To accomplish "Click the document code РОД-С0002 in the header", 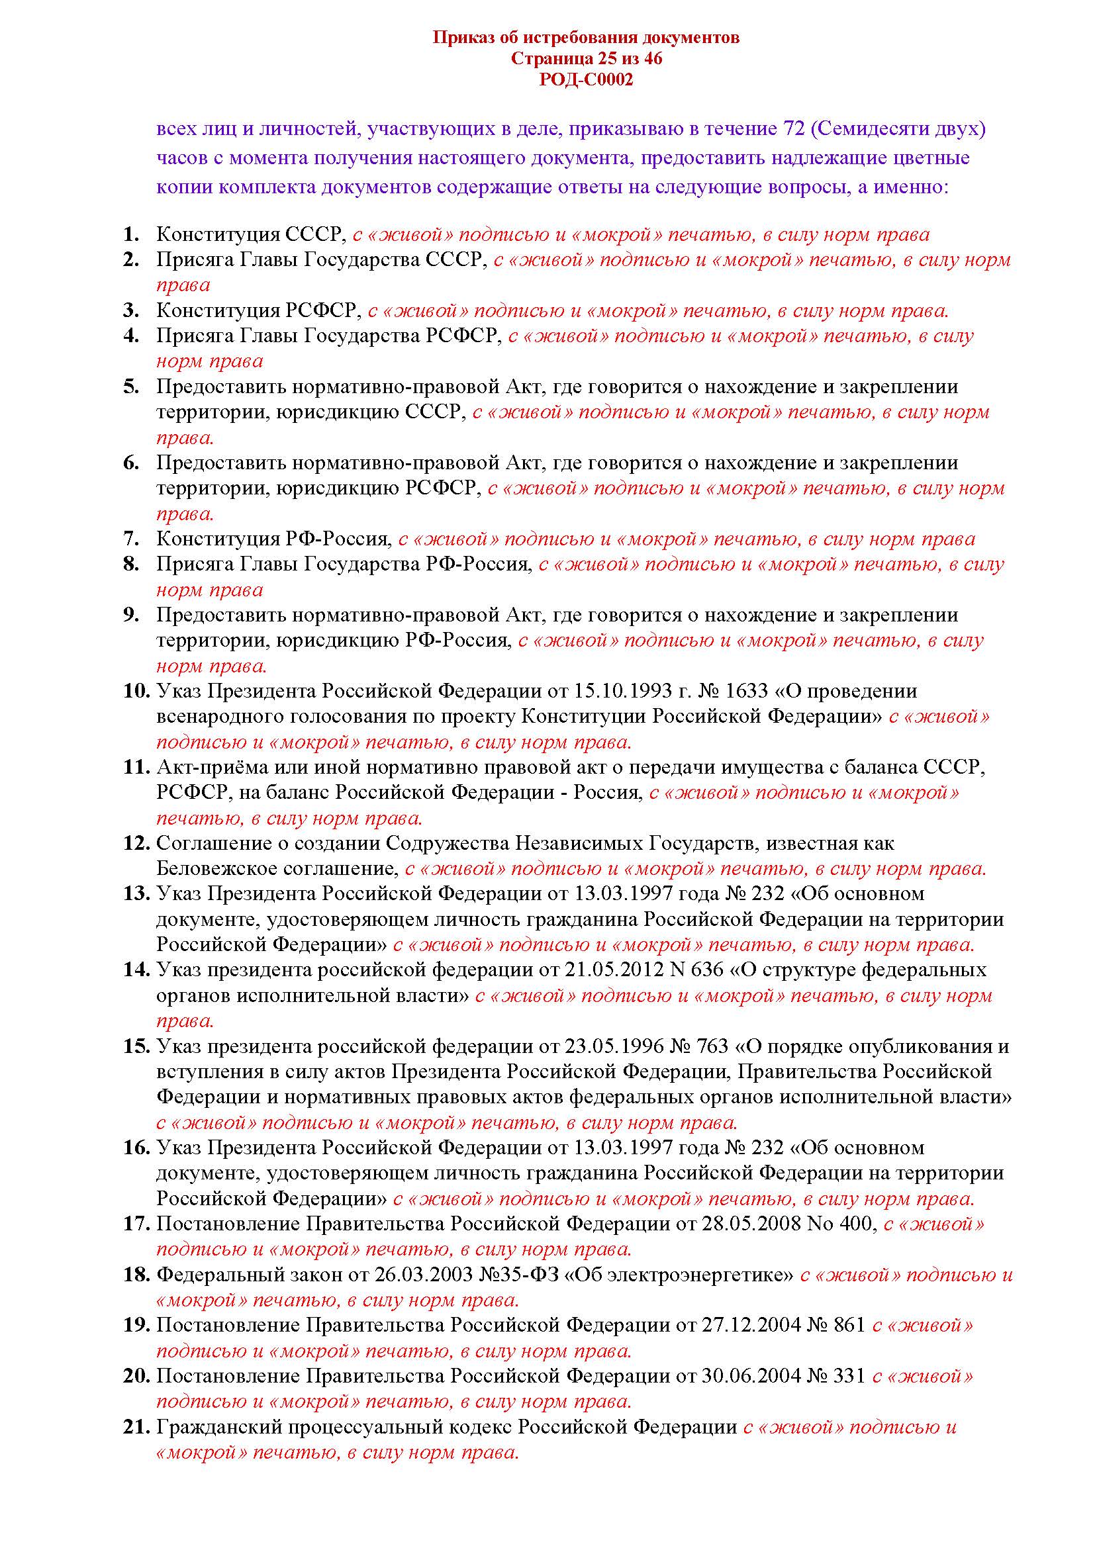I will point(586,80).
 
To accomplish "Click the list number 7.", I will point(131,539).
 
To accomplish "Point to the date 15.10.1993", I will point(623,692).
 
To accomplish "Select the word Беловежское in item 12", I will point(209,869).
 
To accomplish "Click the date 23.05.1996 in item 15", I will point(615,1046).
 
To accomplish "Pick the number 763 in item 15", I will point(712,1046).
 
